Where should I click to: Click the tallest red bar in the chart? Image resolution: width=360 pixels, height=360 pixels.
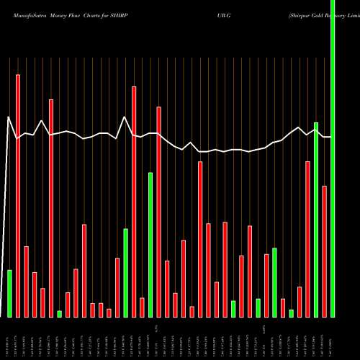pyautogui.click(x=18, y=194)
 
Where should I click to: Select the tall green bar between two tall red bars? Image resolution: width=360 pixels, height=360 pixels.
pyautogui.click(x=150, y=245)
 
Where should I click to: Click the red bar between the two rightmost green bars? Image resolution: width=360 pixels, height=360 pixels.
pyautogui.click(x=325, y=251)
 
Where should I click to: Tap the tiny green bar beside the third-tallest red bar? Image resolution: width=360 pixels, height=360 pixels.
pyautogui.click(x=59, y=313)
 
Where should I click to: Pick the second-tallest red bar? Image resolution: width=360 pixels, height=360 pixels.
pyautogui.click(x=134, y=202)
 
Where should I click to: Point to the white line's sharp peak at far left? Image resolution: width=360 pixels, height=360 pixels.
pyautogui.click(x=8, y=117)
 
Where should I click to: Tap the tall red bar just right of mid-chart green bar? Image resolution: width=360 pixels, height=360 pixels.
pyautogui.click(x=158, y=212)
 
